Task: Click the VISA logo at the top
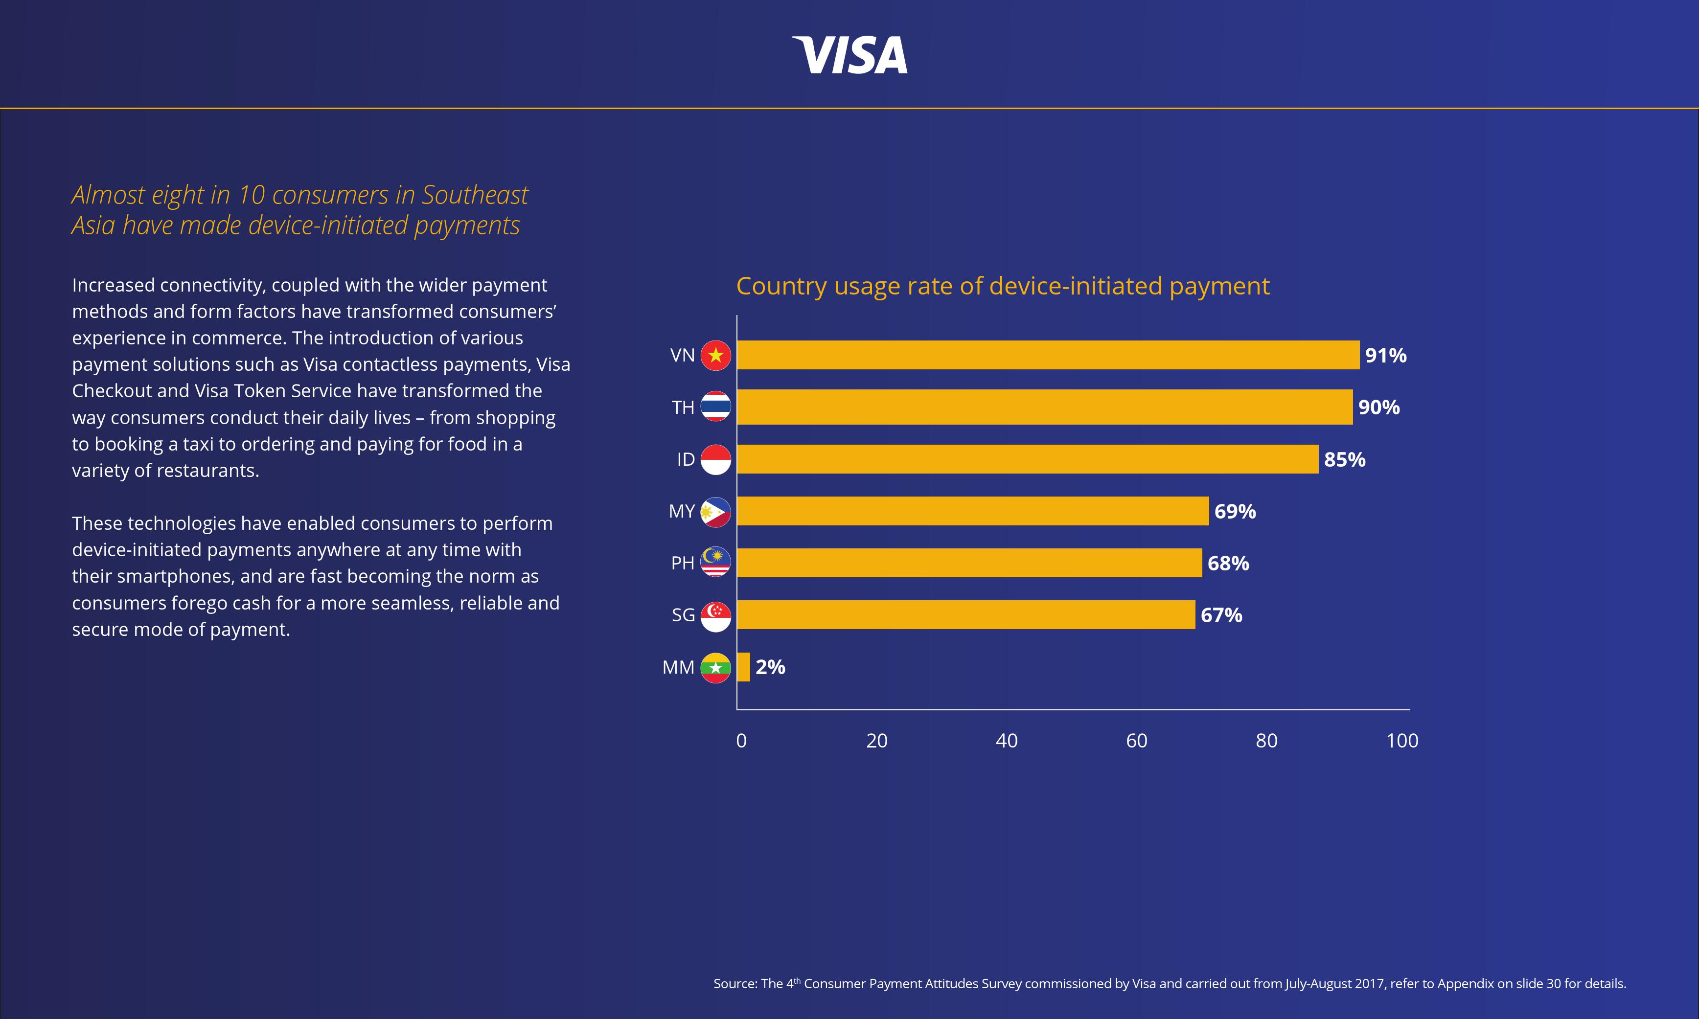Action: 849,55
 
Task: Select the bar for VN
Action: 1047,355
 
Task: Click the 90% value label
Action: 1378,407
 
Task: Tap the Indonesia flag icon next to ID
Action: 715,459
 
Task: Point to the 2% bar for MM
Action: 743,667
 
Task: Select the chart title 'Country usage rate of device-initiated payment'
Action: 1003,286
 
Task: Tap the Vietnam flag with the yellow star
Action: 715,355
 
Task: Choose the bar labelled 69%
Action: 972,511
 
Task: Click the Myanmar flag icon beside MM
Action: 715,667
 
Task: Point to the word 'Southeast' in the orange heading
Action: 475,195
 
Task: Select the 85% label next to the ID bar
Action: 1344,459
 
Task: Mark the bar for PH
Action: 968,563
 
